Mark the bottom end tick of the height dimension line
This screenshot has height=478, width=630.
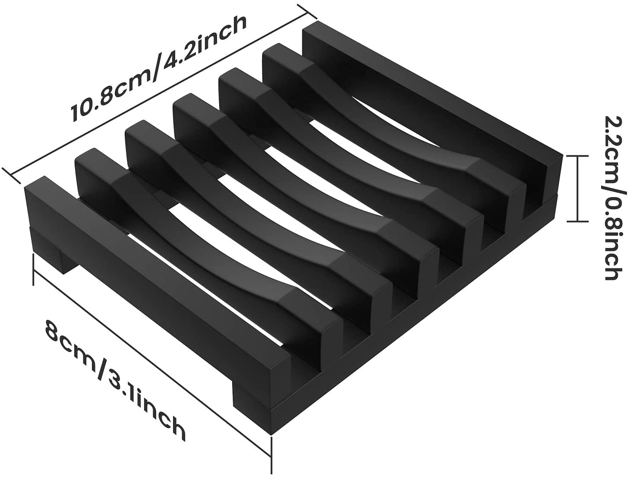point(578,221)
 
